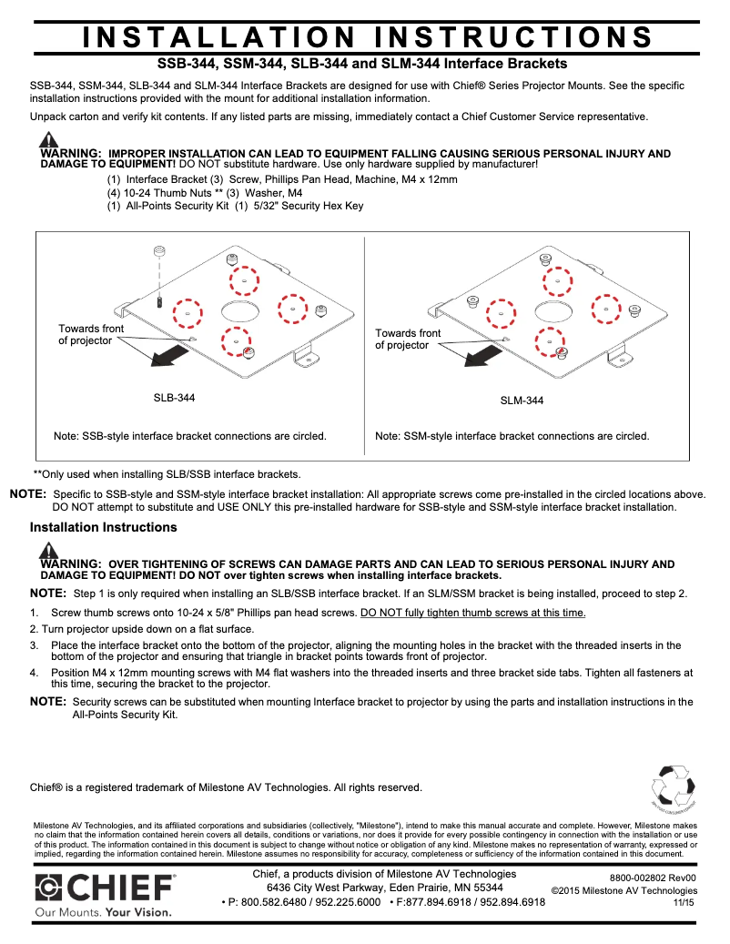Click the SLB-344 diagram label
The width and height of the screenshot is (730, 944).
click(x=174, y=398)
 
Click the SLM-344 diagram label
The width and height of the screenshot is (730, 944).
click(x=522, y=401)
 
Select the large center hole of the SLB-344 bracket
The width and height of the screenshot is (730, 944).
click(x=238, y=310)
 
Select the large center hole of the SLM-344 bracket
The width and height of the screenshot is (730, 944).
click(x=552, y=311)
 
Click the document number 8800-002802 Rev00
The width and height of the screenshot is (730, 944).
click(x=653, y=877)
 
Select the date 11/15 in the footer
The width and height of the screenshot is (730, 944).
click(x=684, y=902)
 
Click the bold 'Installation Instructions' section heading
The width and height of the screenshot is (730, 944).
click(x=103, y=527)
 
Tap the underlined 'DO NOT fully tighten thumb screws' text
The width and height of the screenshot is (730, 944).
click(x=472, y=613)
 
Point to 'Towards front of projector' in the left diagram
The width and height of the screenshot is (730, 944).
click(x=91, y=334)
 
